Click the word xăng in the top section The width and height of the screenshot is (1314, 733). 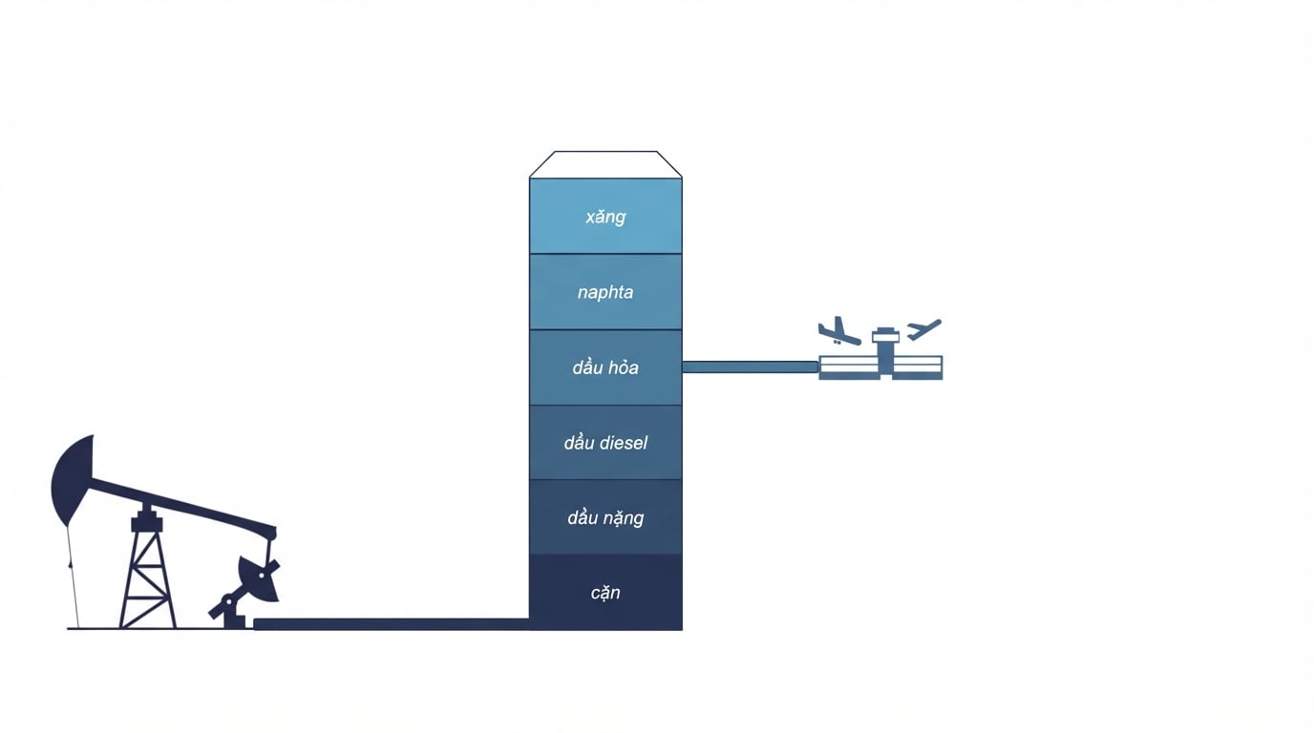point(605,217)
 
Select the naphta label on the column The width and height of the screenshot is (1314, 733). point(605,292)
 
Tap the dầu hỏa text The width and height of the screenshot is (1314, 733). point(605,367)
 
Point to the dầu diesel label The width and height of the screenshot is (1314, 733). point(605,443)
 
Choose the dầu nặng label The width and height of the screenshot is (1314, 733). point(605,518)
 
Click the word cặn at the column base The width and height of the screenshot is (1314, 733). point(605,593)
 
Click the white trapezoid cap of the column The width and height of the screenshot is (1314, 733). point(605,164)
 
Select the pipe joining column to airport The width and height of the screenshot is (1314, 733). point(751,367)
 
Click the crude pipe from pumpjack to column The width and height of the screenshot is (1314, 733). point(392,624)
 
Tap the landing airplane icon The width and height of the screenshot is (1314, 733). point(839,331)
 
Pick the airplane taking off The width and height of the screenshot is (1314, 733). point(923,329)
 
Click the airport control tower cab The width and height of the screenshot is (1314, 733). point(886,335)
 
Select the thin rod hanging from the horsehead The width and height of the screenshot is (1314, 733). point(73,577)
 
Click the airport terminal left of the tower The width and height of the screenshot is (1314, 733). point(849,367)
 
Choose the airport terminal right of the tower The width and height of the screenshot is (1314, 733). point(918,367)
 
